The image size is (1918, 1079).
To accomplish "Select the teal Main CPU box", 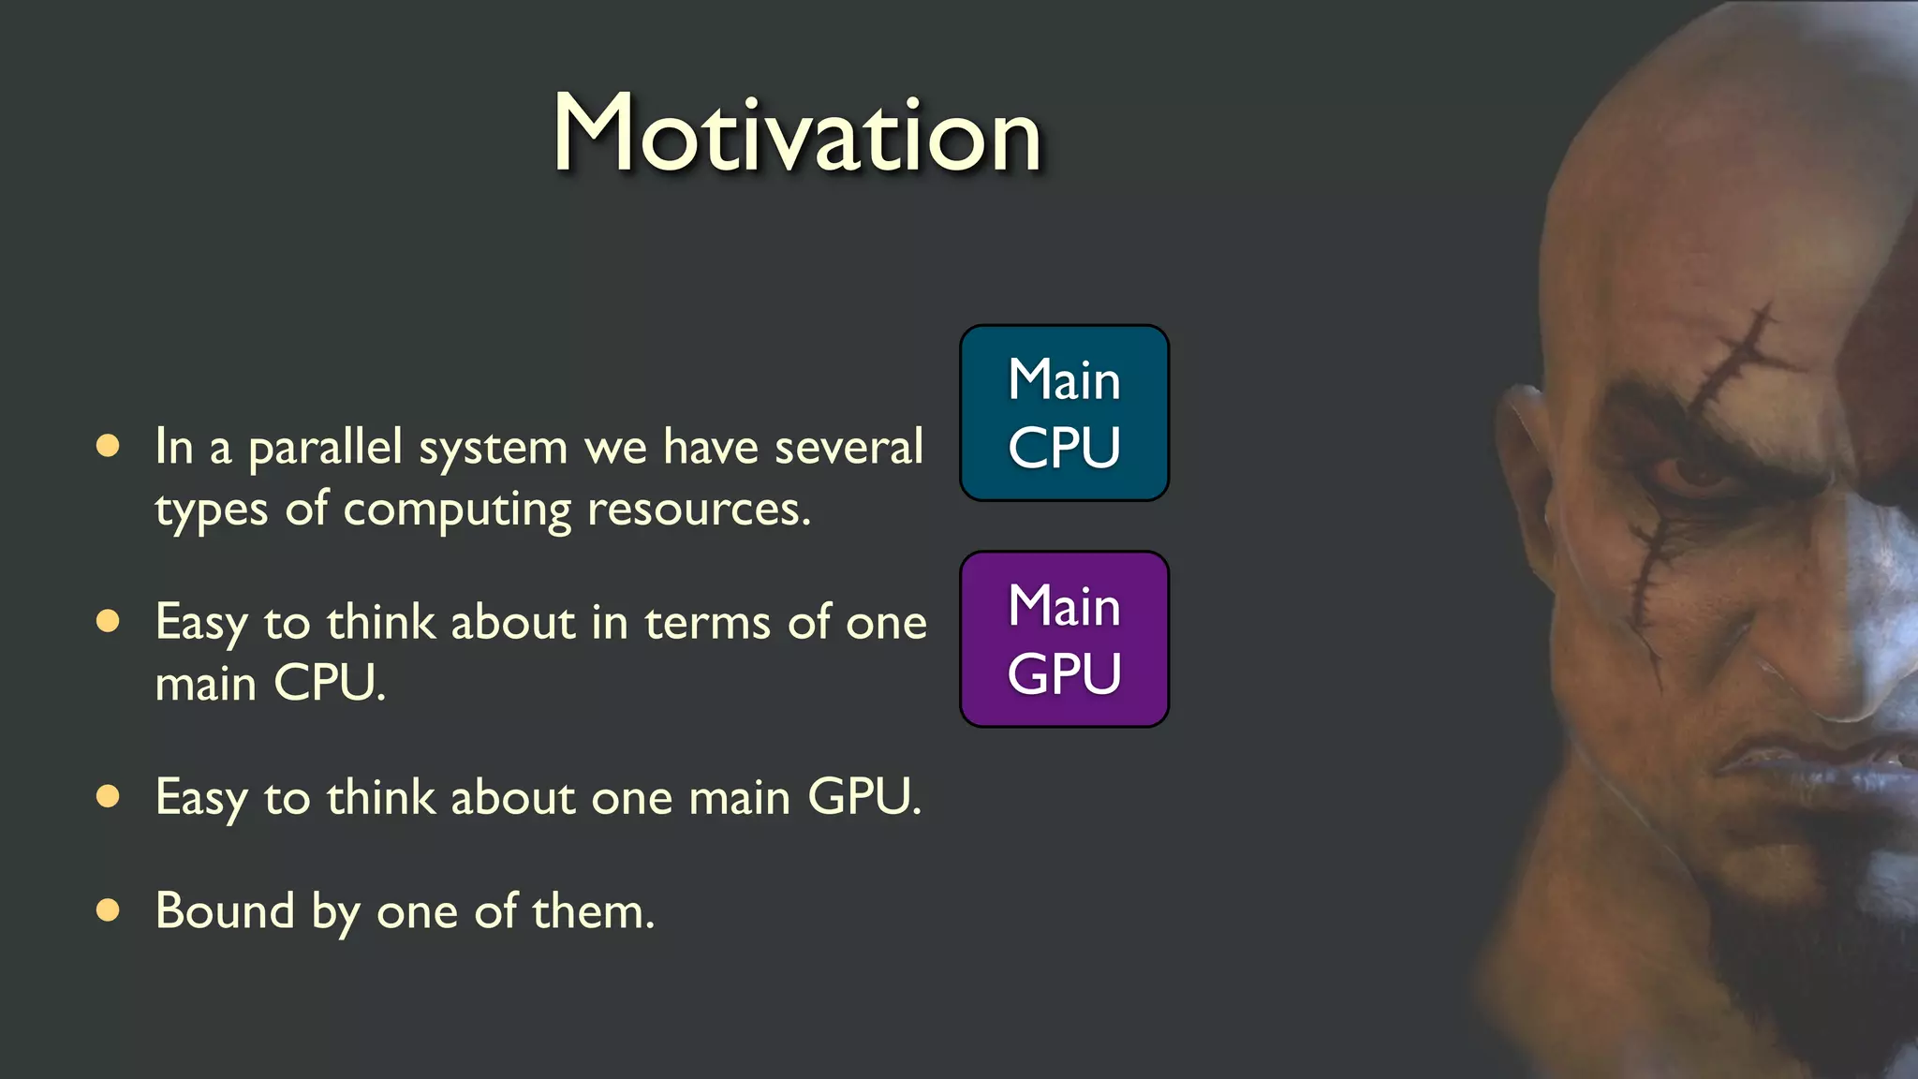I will pyautogui.click(x=1064, y=413).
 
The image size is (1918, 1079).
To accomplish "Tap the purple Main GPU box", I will pyautogui.click(x=1064, y=639).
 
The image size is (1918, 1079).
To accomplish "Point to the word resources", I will pyautogui.click(x=698, y=510).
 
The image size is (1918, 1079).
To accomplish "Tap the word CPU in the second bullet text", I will pyautogui.click(x=328, y=683).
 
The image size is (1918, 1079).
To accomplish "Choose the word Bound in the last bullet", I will pyautogui.click(x=225, y=910).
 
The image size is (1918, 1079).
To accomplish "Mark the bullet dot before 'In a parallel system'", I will pyautogui.click(x=108, y=446).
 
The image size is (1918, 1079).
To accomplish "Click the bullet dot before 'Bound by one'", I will pyautogui.click(x=108, y=910).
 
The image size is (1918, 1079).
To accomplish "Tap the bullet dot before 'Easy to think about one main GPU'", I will pyautogui.click(x=108, y=796).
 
